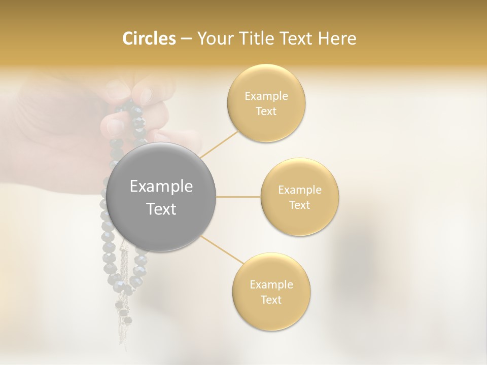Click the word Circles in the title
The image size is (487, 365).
149,39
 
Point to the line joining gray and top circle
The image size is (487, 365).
220,144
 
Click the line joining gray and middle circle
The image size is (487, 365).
238,197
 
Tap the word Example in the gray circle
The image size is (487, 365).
161,187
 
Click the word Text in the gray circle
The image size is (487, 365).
161,209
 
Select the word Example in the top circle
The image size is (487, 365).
266,96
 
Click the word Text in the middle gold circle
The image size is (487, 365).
300,205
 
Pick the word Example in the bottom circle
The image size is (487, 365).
271,285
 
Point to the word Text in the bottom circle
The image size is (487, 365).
271,300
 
